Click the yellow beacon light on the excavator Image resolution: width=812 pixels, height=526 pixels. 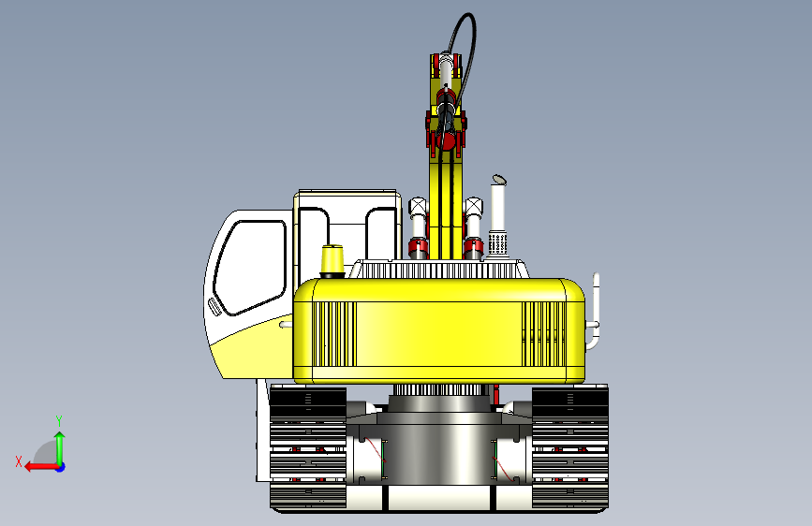point(332,261)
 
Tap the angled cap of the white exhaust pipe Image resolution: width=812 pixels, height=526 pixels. point(498,180)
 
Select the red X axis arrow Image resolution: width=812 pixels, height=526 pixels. point(41,467)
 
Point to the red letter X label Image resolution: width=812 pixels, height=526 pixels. point(19,461)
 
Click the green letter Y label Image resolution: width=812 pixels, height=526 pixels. point(59,421)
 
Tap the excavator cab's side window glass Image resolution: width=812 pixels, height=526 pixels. point(250,267)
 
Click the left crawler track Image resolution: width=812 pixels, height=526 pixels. point(308,447)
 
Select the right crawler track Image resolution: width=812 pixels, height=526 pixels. point(570,447)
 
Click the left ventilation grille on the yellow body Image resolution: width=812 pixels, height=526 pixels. point(334,334)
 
